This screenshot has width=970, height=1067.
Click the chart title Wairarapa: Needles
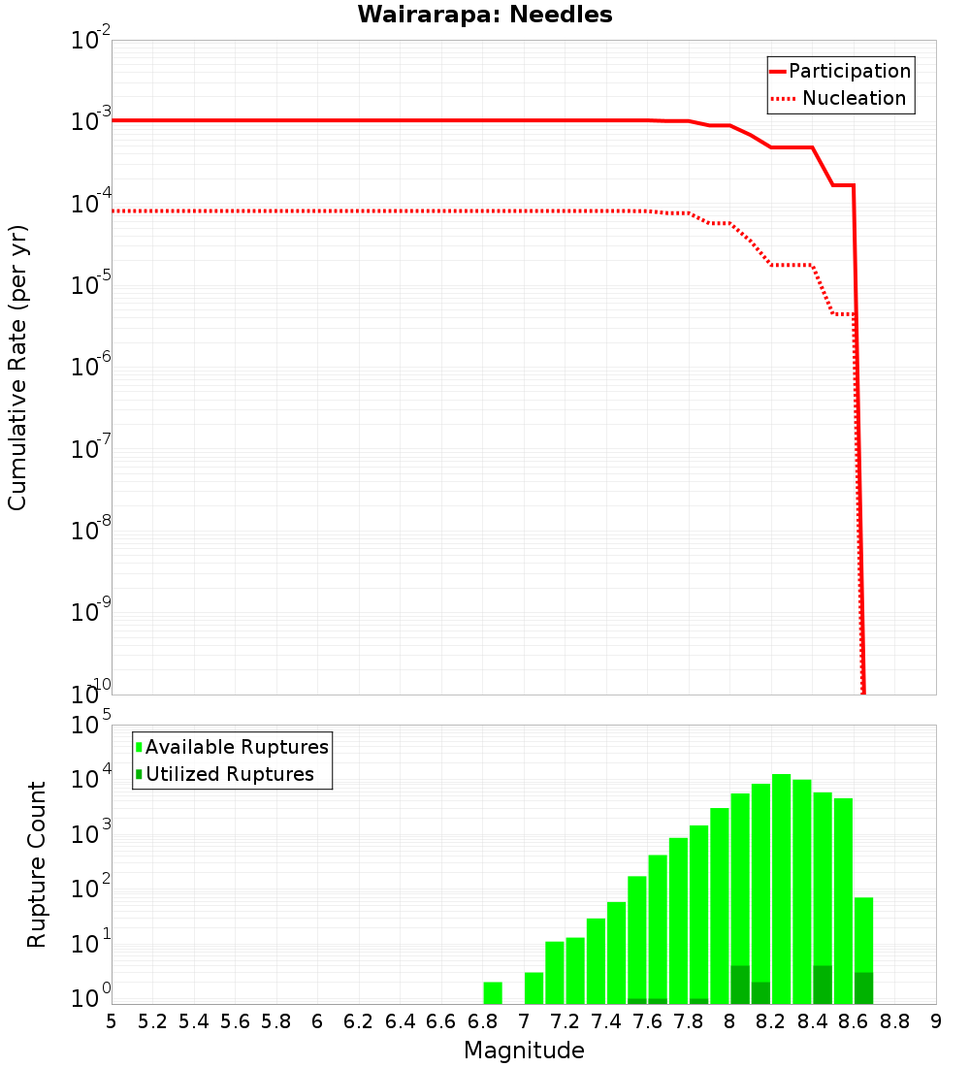tap(485, 15)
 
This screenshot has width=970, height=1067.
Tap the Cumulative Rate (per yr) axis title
tap(17, 367)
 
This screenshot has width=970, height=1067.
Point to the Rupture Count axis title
tap(37, 864)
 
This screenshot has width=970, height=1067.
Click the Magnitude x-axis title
tap(524, 1051)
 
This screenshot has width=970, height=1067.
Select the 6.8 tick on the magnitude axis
tap(482, 1020)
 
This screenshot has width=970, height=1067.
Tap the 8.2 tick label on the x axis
tap(771, 1020)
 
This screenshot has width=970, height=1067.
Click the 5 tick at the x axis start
tap(112, 1020)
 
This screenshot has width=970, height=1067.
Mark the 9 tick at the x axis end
tap(936, 1020)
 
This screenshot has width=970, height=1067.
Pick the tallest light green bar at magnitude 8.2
tap(782, 883)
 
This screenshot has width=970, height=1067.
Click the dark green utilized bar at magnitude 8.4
tap(823, 985)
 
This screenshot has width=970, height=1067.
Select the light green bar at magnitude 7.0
tap(533, 988)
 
